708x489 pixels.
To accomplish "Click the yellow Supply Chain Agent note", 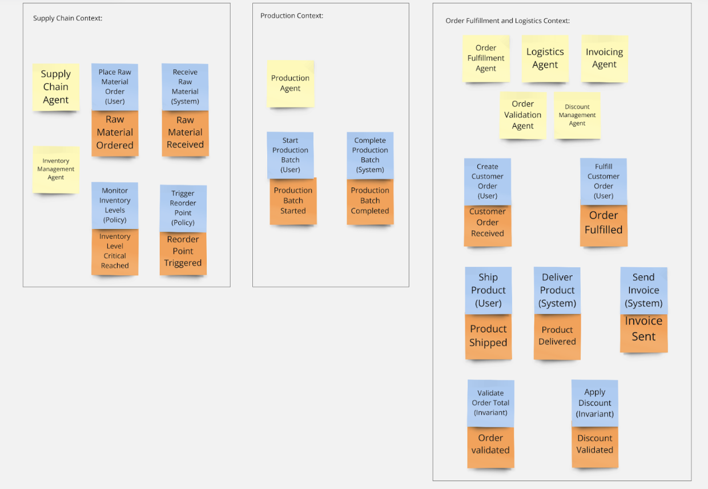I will tap(56, 87).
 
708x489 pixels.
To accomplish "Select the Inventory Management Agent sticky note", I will tap(56, 169).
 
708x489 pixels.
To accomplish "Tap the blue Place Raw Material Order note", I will tap(115, 86).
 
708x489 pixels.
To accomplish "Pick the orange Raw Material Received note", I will tap(185, 133).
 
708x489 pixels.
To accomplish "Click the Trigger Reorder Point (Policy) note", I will tap(183, 208).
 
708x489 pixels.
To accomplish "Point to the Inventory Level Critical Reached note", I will tap(115, 251).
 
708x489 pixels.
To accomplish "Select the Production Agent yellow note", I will tap(290, 83).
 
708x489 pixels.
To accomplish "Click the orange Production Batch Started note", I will tap(293, 201).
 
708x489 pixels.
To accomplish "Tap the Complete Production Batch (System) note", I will tap(370, 155).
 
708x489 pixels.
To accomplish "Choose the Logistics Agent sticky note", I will tap(545, 58).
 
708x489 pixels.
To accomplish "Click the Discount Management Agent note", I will tap(577, 115).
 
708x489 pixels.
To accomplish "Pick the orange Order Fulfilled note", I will tap(604, 223).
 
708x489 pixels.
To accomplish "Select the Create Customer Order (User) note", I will tap(488, 181).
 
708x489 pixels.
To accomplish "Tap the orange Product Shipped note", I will tap(488, 336).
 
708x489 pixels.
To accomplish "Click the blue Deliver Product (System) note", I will tap(557, 290).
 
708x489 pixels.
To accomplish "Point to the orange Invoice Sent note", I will tap(643, 330).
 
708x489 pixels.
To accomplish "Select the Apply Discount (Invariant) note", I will tap(594, 403).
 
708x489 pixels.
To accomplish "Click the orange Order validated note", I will tap(490, 444).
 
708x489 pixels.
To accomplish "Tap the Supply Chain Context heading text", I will tap(67, 18).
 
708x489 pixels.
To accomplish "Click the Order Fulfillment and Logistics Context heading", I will tap(507, 21).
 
